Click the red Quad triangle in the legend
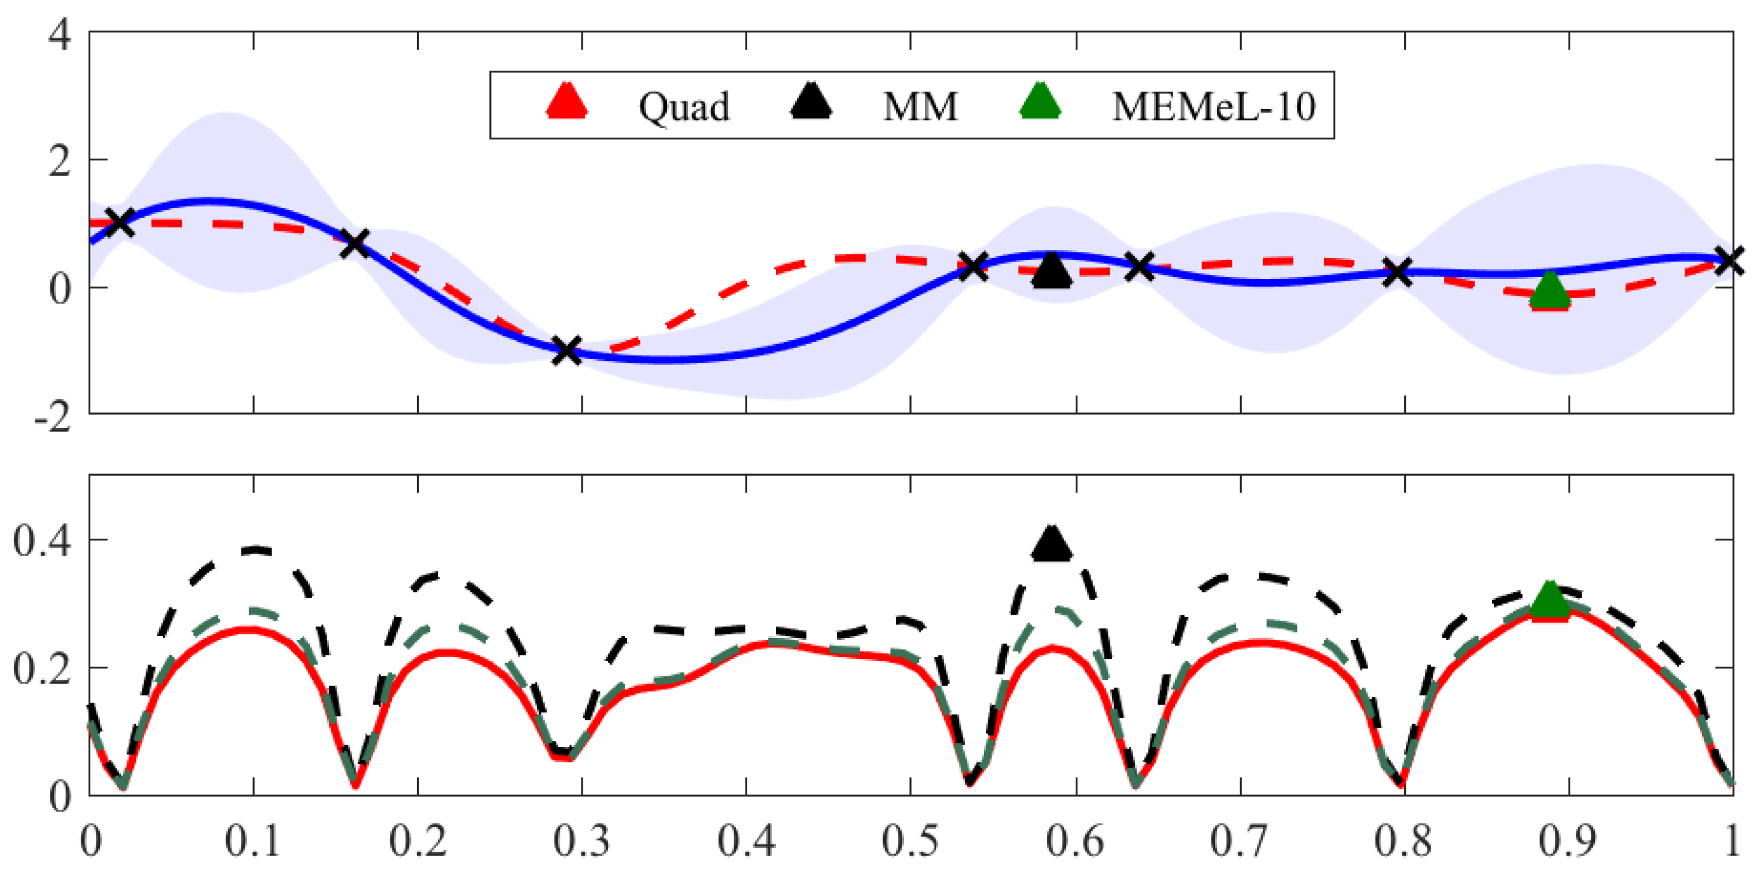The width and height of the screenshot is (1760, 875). [567, 102]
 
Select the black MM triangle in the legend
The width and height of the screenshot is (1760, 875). [811, 102]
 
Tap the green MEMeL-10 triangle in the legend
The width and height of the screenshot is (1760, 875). [1039, 102]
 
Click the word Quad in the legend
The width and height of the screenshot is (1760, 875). [684, 107]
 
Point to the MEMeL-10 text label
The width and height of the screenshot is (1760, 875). [1213, 107]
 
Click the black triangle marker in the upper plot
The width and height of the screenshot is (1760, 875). [1052, 271]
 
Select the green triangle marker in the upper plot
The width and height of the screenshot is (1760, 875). [1549, 290]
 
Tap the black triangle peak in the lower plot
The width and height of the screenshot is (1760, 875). [1052, 545]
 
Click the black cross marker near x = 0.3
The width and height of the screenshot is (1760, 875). [567, 351]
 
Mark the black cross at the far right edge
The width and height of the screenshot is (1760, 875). [1730, 260]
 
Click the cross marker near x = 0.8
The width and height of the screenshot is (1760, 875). [1398, 272]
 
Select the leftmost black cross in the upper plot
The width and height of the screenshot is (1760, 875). [120, 222]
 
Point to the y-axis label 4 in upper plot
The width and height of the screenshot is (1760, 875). [60, 34]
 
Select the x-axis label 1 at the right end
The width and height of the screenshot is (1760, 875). [1731, 841]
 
